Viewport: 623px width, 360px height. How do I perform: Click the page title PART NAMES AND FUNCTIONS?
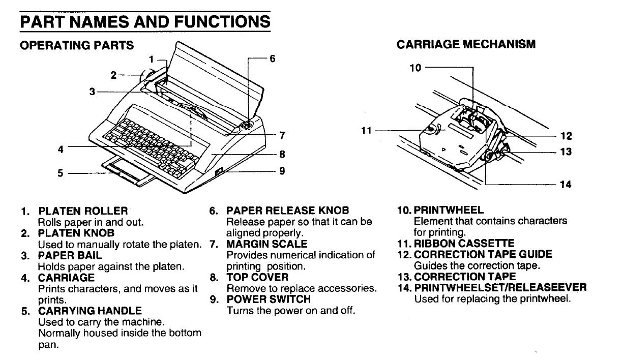coord(144,22)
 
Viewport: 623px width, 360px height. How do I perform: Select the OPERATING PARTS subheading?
coord(77,45)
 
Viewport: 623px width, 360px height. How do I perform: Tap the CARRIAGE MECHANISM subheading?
coord(466,44)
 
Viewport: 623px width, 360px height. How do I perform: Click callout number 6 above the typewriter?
coord(273,58)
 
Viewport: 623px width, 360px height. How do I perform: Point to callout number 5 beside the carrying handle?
coord(61,173)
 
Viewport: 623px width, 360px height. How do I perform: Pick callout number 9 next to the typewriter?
coord(282,171)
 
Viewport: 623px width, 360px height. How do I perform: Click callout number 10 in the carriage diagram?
coord(416,67)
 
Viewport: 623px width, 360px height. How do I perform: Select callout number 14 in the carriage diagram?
coord(566,185)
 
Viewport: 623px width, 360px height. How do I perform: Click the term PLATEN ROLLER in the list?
coord(83,211)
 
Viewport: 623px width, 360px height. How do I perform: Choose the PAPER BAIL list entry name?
coord(70,255)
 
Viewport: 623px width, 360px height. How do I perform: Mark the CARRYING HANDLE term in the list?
coord(90,310)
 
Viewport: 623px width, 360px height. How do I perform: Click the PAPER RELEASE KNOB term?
coord(287,211)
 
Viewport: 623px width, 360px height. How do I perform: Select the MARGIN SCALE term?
coord(266,244)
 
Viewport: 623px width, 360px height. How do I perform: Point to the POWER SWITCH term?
coord(268,299)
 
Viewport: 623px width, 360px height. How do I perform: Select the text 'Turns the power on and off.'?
coord(290,310)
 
